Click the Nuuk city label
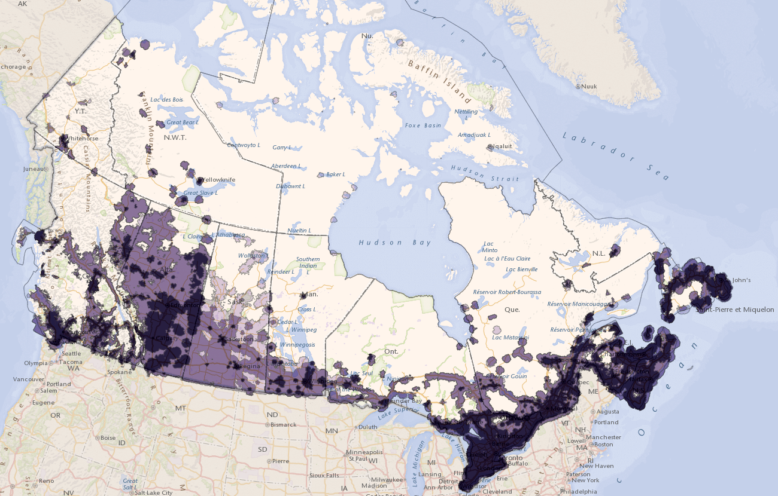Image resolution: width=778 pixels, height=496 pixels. pos(589,87)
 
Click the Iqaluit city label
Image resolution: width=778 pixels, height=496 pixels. pos(502,146)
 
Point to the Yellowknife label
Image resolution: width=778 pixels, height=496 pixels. pos(219,179)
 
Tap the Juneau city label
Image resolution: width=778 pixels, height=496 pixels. pos(34,169)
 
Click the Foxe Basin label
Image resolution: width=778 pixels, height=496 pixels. pos(423,125)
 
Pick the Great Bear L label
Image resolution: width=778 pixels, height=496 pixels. pos(183,122)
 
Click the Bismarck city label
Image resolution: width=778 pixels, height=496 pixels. pos(283,425)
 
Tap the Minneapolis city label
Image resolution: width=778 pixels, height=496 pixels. pos(367,452)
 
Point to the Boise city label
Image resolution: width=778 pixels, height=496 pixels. pos(108,437)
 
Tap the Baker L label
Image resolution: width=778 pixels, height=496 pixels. pos(335,174)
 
